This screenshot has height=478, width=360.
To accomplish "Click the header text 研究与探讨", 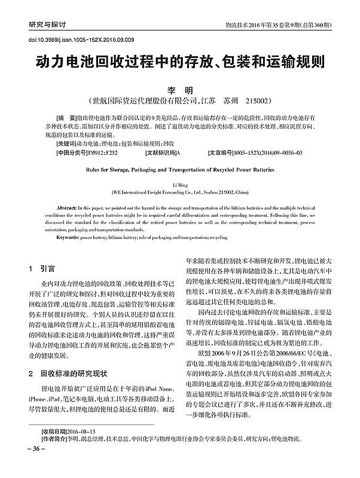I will pyautogui.click(x=47, y=26).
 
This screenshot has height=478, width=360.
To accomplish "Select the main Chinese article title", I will pyautogui.click(x=179, y=64).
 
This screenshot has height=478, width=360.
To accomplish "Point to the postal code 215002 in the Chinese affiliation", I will pyautogui.click(x=261, y=100).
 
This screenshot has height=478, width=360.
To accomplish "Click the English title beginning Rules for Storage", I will pyautogui.click(x=179, y=169).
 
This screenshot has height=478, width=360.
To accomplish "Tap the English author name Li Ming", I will pyautogui.click(x=179, y=186).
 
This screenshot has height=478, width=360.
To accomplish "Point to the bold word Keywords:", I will pyautogui.click(x=68, y=237).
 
